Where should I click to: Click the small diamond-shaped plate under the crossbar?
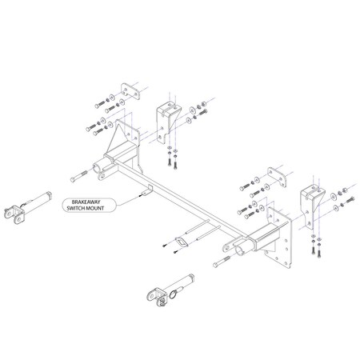(x=183, y=243)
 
